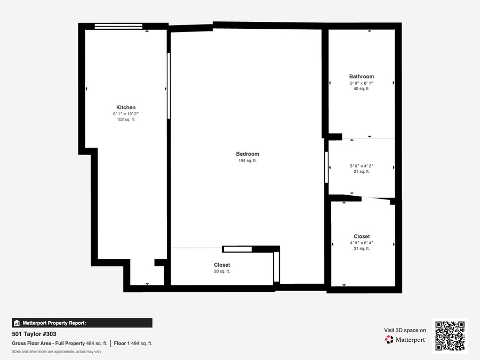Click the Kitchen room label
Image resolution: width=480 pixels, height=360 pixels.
pyautogui.click(x=126, y=107)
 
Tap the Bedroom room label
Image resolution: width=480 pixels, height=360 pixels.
pyautogui.click(x=247, y=154)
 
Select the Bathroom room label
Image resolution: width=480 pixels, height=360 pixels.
pyautogui.click(x=362, y=76)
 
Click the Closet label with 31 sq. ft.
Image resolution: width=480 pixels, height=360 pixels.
pyautogui.click(x=362, y=236)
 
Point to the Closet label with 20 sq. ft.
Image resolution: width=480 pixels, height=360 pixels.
pyautogui.click(x=222, y=265)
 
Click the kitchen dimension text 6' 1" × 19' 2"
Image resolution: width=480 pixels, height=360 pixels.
pyautogui.click(x=126, y=114)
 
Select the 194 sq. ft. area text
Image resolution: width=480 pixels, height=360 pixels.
pyautogui.click(x=247, y=161)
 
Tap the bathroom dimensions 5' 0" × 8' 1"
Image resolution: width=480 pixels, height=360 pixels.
pyautogui.click(x=362, y=83)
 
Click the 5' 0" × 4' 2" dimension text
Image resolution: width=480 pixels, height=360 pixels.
pyautogui.click(x=362, y=166)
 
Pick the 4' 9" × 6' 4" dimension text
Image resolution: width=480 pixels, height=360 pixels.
pyautogui.click(x=362, y=243)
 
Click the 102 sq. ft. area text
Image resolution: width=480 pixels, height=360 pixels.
pyautogui.click(x=126, y=119)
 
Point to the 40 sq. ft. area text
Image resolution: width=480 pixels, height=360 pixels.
pyautogui.click(x=362, y=89)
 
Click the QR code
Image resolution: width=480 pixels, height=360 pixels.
pyautogui.click(x=450, y=336)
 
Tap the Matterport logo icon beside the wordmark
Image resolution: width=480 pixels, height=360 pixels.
pyautogui.click(x=389, y=340)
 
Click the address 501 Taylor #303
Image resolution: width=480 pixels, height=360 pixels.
pyautogui.click(x=34, y=334)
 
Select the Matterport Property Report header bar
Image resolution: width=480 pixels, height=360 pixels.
pyautogui.click(x=82, y=323)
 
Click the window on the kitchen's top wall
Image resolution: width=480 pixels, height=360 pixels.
pyautogui.click(x=118, y=26)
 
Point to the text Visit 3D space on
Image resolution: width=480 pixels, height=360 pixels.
pyautogui.click(x=405, y=330)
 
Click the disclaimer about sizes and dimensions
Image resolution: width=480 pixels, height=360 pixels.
pyautogui.click(x=57, y=351)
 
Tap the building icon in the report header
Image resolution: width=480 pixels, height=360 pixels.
pyautogui.click(x=17, y=323)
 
